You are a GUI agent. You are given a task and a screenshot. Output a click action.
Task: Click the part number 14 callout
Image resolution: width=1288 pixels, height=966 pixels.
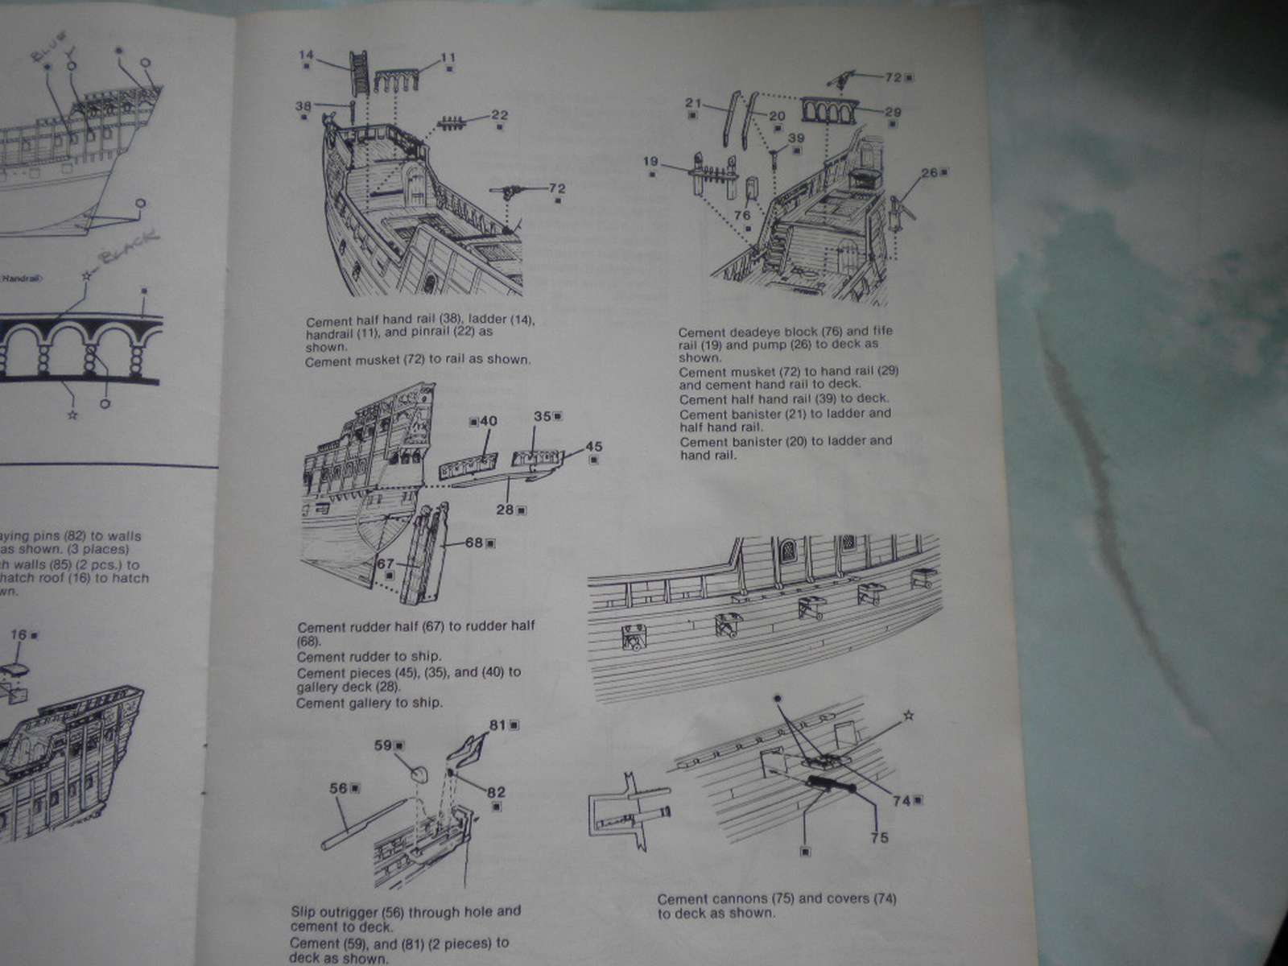click(306, 55)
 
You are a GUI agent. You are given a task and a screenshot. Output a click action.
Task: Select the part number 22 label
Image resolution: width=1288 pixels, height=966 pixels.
click(499, 114)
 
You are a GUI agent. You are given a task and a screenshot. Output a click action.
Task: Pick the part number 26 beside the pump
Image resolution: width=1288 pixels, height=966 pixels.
click(929, 172)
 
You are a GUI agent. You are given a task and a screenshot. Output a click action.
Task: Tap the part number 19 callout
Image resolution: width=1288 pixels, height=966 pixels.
click(651, 162)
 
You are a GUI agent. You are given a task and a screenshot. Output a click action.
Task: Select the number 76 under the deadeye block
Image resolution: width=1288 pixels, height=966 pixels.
click(742, 215)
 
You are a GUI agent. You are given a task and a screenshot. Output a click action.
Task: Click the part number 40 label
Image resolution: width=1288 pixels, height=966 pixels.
click(489, 421)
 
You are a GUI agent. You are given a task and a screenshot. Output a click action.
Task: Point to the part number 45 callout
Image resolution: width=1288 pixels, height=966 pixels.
click(594, 447)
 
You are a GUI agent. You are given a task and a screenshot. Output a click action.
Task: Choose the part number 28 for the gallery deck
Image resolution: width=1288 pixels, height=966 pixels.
click(506, 509)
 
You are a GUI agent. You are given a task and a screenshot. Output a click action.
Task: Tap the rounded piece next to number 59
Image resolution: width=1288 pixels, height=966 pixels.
click(419, 773)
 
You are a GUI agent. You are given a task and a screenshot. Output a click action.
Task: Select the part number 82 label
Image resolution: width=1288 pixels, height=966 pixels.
click(497, 792)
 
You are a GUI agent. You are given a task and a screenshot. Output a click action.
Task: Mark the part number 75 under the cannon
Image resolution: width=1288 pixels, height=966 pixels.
click(879, 838)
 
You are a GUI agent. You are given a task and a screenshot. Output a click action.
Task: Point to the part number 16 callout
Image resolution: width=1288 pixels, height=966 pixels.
click(19, 634)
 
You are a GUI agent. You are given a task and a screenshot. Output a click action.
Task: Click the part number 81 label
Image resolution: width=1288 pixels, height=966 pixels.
click(498, 724)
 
